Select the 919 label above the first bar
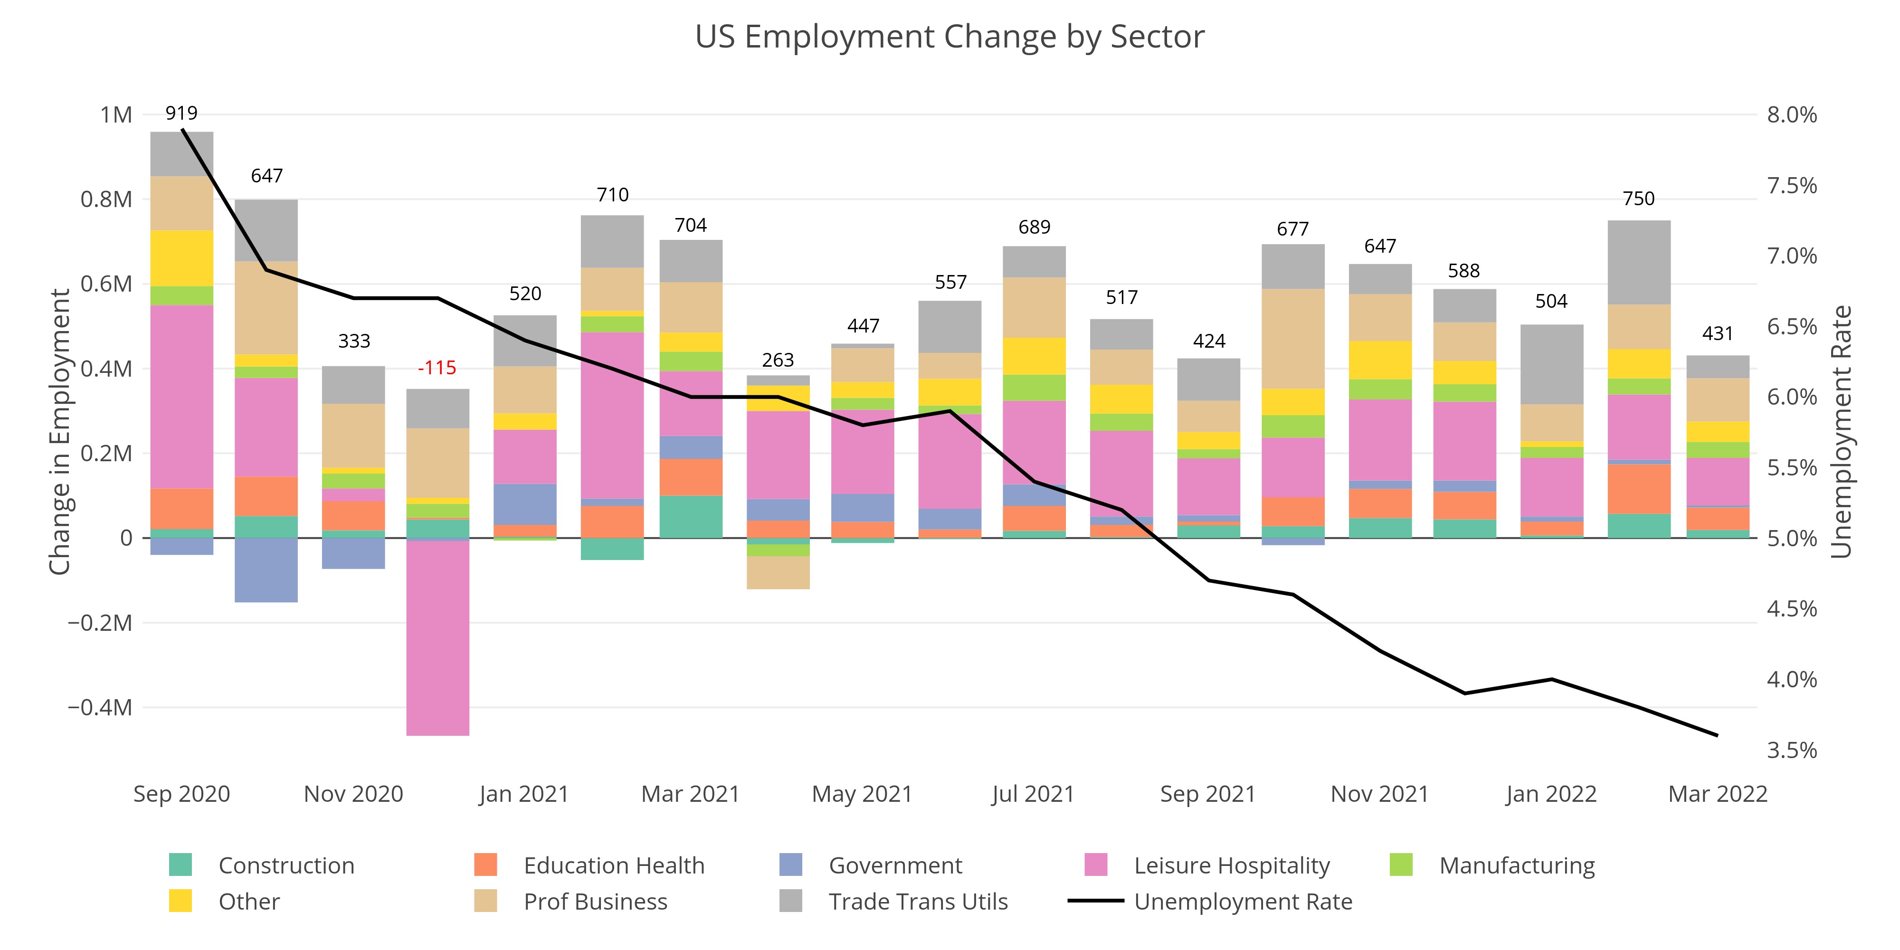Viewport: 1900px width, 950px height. click(181, 113)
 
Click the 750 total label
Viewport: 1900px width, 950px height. click(1638, 199)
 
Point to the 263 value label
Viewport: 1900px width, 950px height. click(778, 360)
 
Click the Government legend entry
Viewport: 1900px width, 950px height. click(895, 865)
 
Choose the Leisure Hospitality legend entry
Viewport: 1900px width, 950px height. click(1231, 865)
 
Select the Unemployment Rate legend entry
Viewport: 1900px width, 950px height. click(1242, 902)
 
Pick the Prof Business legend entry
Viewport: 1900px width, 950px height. click(595, 902)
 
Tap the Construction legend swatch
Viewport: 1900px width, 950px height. click(180, 864)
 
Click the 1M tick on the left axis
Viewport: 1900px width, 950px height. click(116, 115)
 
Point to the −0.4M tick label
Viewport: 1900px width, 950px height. click(100, 707)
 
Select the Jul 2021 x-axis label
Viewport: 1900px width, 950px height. click(1033, 794)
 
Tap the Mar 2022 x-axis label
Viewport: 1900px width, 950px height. click(1717, 794)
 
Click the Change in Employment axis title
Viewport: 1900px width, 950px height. click(59, 431)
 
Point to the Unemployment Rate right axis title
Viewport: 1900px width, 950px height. click(1842, 431)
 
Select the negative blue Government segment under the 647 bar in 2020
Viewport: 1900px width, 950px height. click(266, 570)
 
